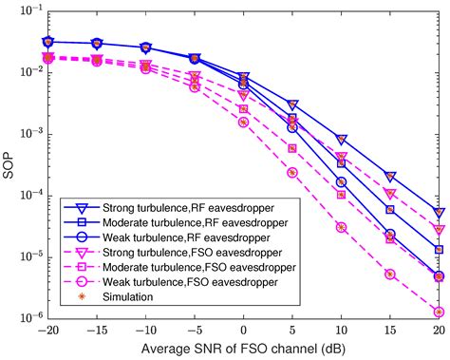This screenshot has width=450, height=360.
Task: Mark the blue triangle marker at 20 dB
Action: (x=439, y=213)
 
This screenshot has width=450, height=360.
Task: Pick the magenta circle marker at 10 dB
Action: (x=341, y=227)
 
